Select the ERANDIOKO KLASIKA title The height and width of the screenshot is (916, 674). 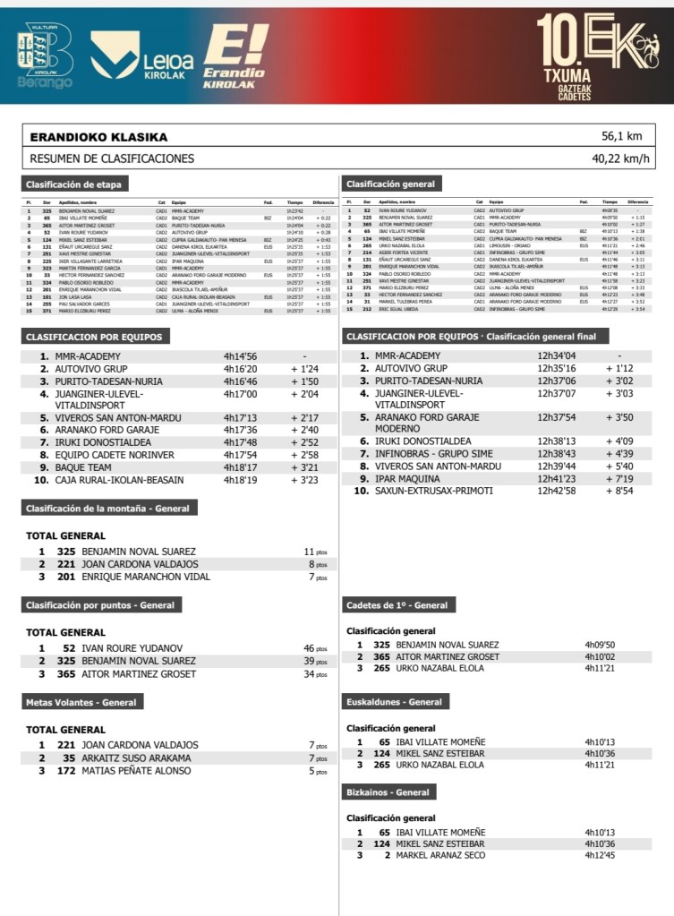(x=98, y=137)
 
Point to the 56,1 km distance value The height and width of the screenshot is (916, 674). (x=622, y=137)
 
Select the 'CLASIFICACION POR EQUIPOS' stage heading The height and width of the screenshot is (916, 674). (x=94, y=338)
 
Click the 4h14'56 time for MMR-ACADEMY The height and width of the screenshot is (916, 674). (x=240, y=356)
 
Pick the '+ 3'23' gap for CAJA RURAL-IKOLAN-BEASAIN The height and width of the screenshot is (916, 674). (x=305, y=480)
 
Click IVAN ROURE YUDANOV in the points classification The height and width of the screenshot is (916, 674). (x=132, y=647)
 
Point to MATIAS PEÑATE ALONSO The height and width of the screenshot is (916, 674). (x=136, y=770)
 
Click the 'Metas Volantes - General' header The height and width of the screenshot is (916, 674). (x=81, y=703)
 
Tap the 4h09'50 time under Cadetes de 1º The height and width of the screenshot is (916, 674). (x=600, y=645)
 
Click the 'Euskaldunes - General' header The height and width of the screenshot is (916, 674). (x=395, y=703)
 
